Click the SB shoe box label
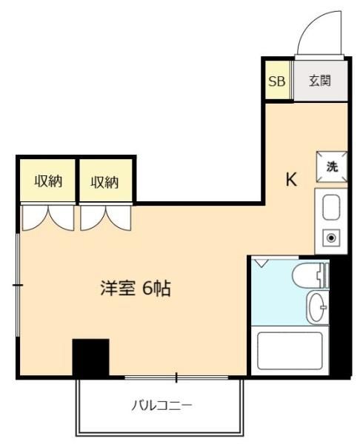coord(276,81)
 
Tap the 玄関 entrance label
coord(320,81)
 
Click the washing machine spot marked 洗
coord(332,166)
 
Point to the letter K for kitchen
coord(291,179)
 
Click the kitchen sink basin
coord(331,207)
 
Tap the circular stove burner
coord(331,238)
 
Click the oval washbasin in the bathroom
coord(317,307)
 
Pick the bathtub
coord(290,351)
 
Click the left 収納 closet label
coord(48,181)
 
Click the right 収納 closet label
coord(104,182)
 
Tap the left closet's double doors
coord(48,218)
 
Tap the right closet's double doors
coord(106,218)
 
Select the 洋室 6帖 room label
coord(136,289)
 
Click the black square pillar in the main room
coord(90,357)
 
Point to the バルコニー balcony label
coord(161,406)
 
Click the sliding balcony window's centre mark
coord(176,377)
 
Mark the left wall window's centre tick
coord(18,285)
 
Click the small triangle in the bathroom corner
coord(261,263)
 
